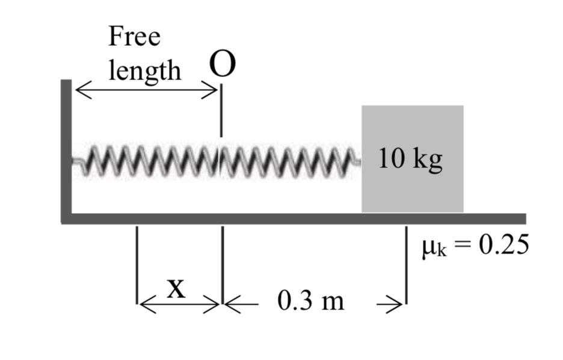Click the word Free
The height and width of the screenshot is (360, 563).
(x=135, y=37)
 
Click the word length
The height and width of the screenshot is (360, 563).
(x=144, y=71)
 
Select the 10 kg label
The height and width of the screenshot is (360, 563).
(x=411, y=160)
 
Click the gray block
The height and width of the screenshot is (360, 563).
(x=412, y=187)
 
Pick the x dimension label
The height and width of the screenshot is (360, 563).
(x=175, y=290)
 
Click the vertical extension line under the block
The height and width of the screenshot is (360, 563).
(x=406, y=265)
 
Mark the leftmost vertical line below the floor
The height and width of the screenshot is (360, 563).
(x=138, y=265)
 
